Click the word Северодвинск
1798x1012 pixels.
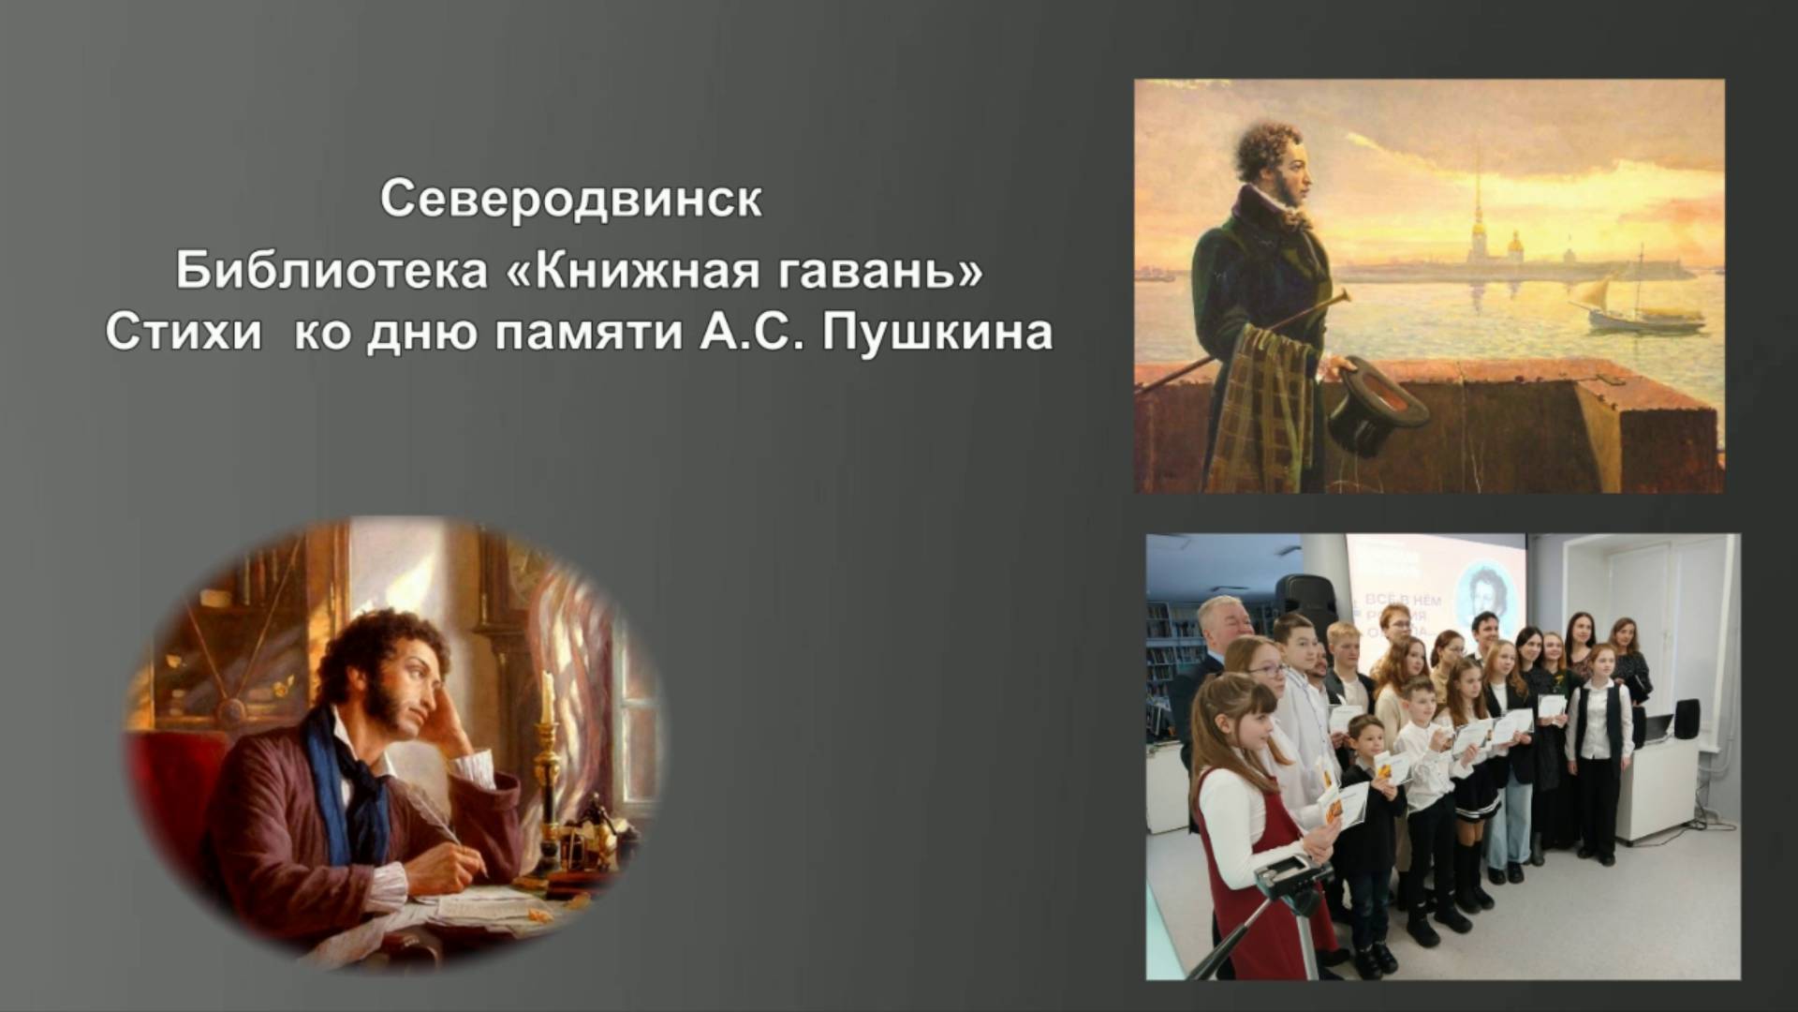[x=570, y=200]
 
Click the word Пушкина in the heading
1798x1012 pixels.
[x=937, y=333]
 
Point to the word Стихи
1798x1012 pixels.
[x=184, y=333]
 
